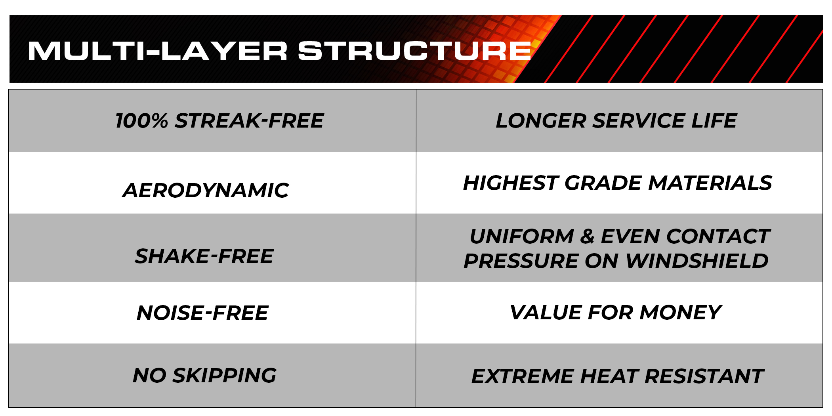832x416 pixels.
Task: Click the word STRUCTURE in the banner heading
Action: [x=414, y=51]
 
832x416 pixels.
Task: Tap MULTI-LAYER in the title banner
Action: [x=158, y=51]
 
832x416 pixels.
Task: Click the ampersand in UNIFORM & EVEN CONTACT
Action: [x=587, y=237]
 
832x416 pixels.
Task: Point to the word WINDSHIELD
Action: [x=697, y=261]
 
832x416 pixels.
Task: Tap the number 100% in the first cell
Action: [x=142, y=121]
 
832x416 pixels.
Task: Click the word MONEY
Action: [x=681, y=313]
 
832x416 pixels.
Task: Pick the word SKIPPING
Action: [x=225, y=375]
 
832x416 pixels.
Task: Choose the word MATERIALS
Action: [x=710, y=183]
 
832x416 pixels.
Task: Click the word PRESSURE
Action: [x=521, y=261]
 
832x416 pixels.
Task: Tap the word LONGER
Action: [x=541, y=121]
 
